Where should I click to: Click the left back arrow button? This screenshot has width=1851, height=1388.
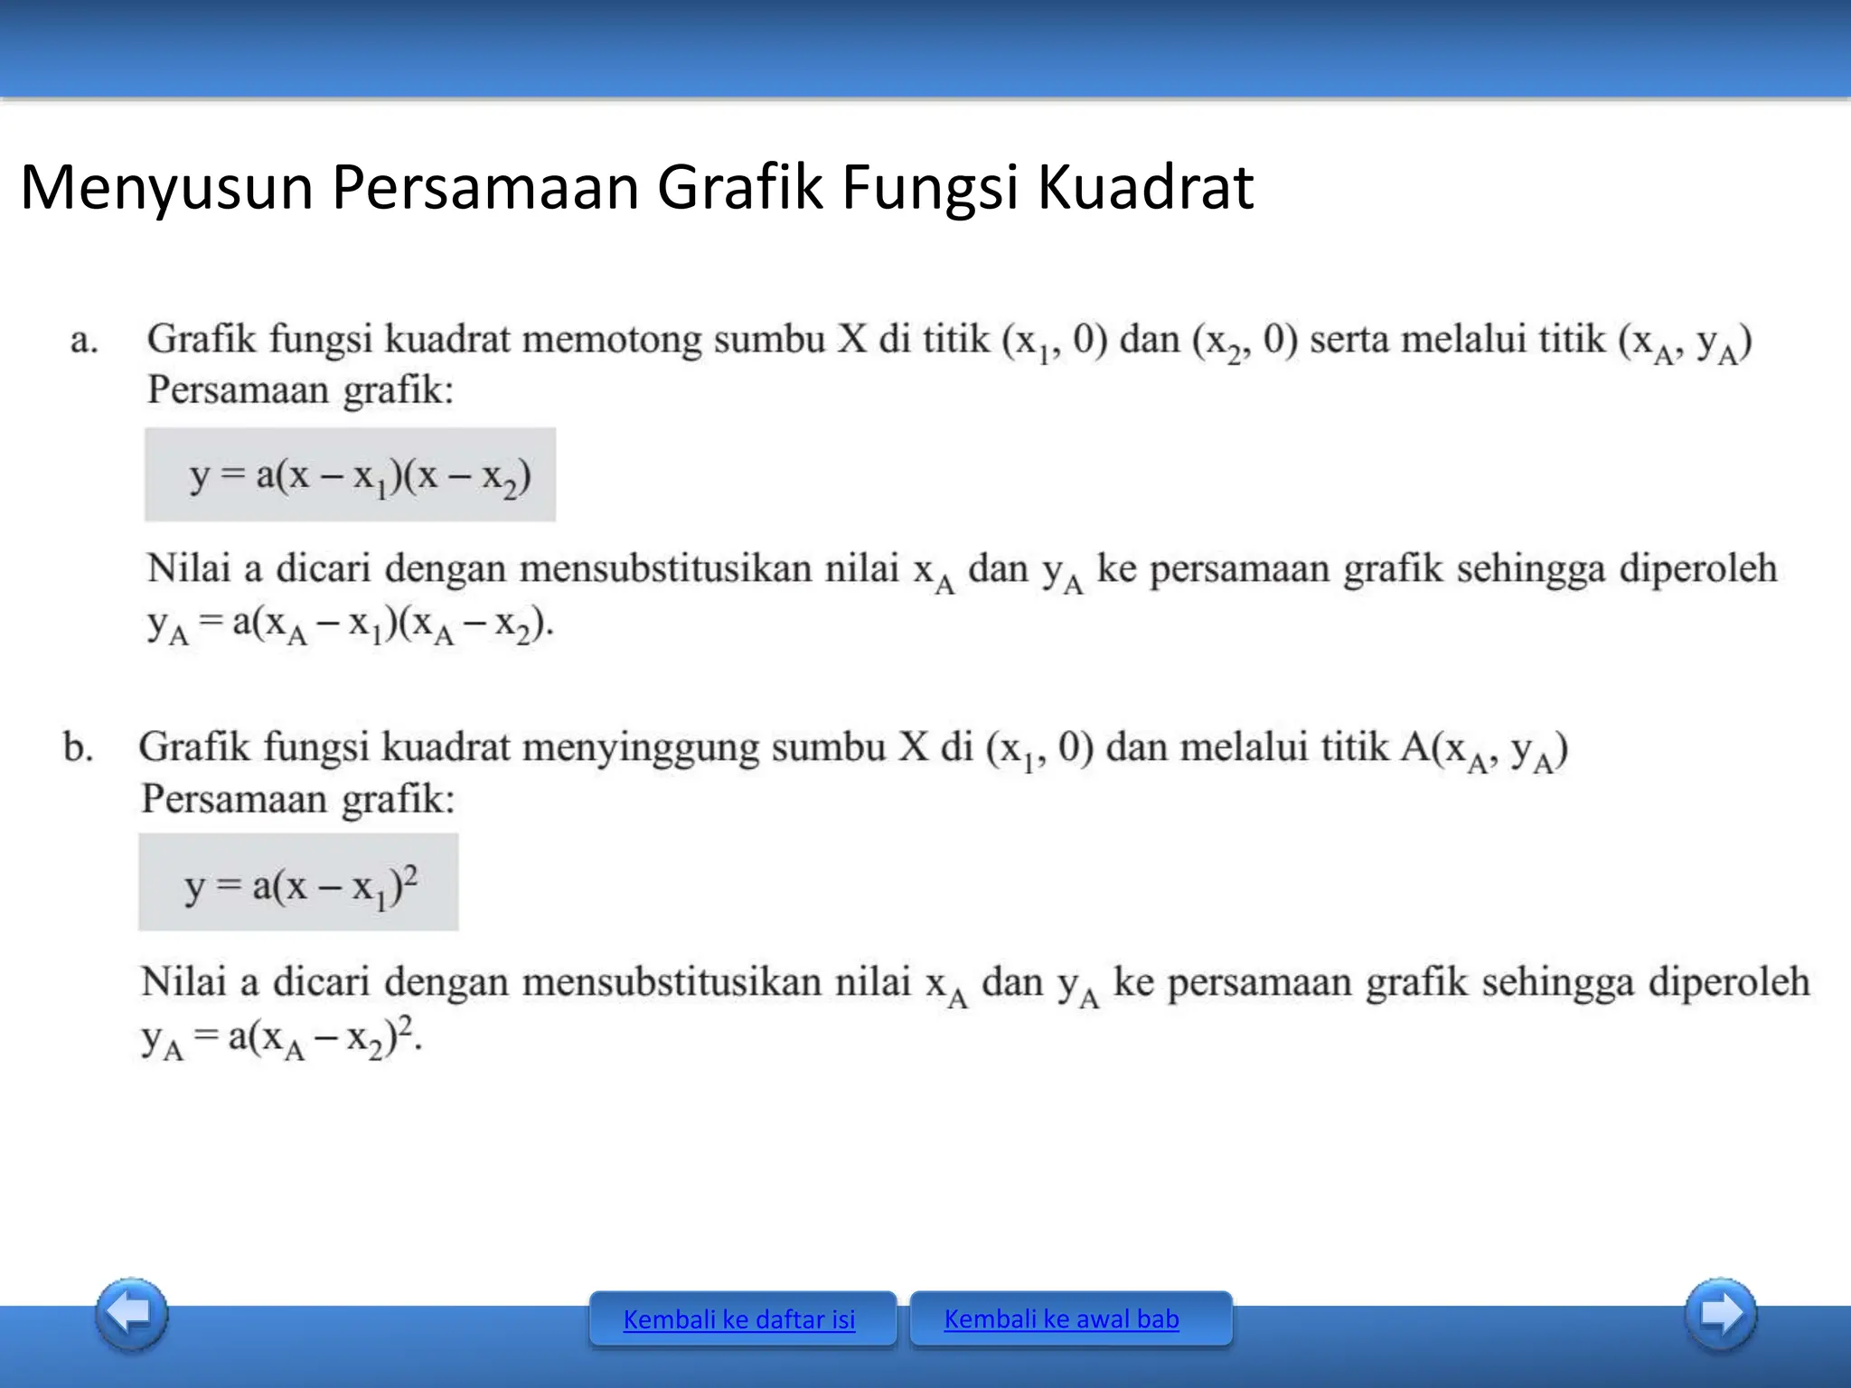(132, 1314)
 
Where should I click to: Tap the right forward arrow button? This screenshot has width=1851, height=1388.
(1721, 1314)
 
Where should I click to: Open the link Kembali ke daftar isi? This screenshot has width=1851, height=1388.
(739, 1319)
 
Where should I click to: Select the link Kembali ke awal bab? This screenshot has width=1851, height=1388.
(1061, 1318)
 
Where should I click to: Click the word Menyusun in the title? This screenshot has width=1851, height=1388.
(166, 188)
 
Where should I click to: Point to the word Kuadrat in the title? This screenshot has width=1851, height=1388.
(1145, 188)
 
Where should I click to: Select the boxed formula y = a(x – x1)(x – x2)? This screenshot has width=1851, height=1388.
(350, 475)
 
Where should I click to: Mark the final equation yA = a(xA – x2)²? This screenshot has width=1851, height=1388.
(281, 1037)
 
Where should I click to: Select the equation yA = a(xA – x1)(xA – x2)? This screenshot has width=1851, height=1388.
(351, 625)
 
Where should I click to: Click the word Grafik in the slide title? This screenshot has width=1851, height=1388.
(739, 188)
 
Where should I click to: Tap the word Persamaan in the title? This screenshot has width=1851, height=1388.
(485, 188)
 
